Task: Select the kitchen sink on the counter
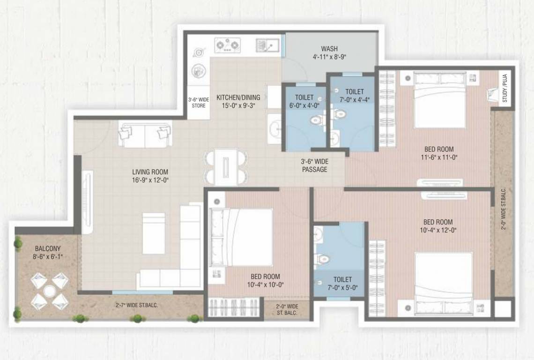(267, 45)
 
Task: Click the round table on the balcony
(50, 292)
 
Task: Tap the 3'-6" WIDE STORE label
(199, 103)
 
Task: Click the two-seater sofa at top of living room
(145, 135)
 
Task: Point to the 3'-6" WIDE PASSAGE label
(314, 165)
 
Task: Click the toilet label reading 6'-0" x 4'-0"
(304, 105)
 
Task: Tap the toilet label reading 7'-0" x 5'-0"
(343, 287)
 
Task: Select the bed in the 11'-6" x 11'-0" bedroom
(440, 101)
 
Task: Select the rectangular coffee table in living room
(154, 233)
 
